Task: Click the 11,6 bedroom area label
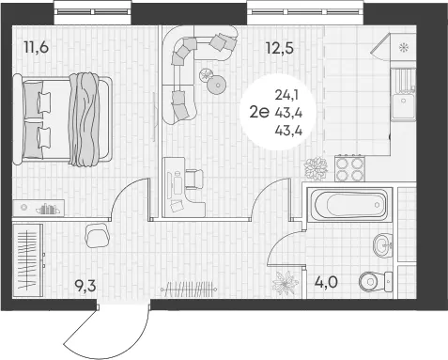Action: point(37,48)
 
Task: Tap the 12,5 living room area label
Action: point(280,48)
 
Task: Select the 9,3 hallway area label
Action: point(85,286)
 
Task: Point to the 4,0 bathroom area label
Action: point(326,282)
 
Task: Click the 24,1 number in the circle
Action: point(286,95)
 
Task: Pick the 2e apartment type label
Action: point(259,112)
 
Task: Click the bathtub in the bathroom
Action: point(350,205)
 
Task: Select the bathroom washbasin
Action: point(382,245)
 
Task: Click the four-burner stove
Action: point(350,168)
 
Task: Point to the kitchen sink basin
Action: point(404,105)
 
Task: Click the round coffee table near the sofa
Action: point(217,85)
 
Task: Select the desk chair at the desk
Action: point(194,180)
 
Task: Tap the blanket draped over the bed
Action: point(84,119)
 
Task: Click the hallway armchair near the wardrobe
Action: point(97,235)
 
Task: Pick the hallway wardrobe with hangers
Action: point(28,260)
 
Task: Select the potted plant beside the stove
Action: point(316,169)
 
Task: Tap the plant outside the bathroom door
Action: point(285,283)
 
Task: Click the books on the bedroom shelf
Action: point(48,209)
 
